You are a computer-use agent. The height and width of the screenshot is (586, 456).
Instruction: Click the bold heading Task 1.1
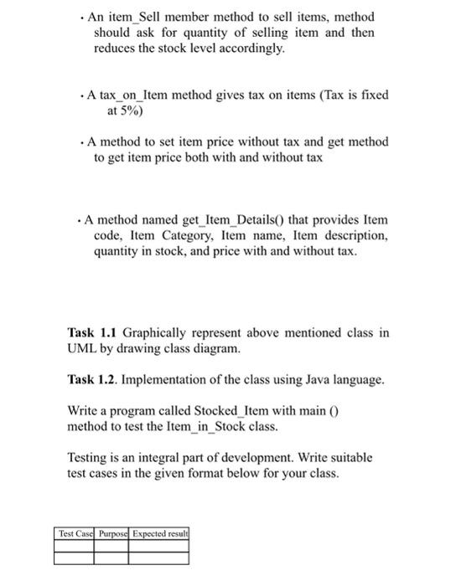[x=93, y=332]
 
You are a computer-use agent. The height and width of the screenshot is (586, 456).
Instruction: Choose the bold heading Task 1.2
[x=93, y=380]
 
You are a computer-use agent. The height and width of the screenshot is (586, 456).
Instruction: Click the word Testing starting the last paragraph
[x=88, y=458]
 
